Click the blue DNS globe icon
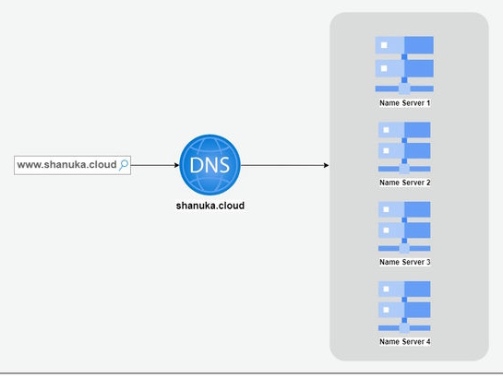point(210,164)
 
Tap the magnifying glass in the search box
point(125,165)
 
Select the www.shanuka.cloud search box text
point(67,165)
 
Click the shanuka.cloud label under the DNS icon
point(210,206)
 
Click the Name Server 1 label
point(405,103)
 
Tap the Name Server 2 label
point(405,183)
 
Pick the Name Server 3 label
point(405,262)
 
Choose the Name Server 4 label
point(405,341)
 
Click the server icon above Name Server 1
point(404,65)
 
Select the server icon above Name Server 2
point(404,145)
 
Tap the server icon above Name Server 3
point(404,224)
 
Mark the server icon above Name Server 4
point(404,304)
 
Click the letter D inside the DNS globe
point(196,165)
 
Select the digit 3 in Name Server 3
point(428,262)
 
